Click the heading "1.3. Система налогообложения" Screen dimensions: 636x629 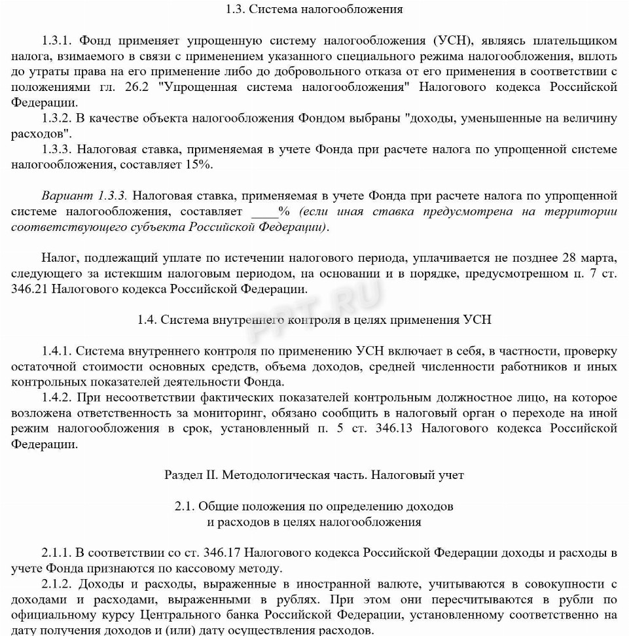[x=314, y=9]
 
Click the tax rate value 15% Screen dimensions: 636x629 [x=198, y=165]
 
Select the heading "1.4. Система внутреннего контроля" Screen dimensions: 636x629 [x=314, y=320]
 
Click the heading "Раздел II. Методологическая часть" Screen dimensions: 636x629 [x=314, y=475]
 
